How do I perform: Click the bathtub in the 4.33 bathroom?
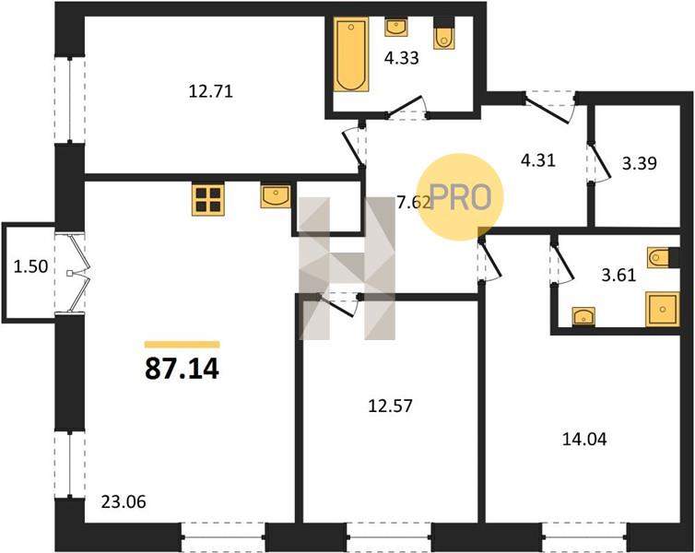point(350,54)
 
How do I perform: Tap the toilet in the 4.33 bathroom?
point(443,35)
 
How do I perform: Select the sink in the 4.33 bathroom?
point(396,28)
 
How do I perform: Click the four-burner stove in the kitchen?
point(208,199)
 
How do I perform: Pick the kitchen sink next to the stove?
point(276,195)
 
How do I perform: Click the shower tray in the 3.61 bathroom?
point(662,309)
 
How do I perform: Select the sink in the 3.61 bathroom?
point(583,316)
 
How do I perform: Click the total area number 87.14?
point(182,369)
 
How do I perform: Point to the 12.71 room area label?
point(210,92)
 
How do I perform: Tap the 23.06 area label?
point(124,502)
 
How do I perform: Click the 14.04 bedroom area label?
point(584,439)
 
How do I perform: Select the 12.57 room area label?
point(390,406)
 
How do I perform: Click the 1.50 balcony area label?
point(30,267)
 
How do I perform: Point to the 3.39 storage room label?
point(639,163)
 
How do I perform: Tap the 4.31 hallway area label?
point(538,160)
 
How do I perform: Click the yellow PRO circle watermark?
point(461,197)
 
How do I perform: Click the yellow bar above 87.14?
point(183,345)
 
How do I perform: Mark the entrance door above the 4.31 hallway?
point(549,107)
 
